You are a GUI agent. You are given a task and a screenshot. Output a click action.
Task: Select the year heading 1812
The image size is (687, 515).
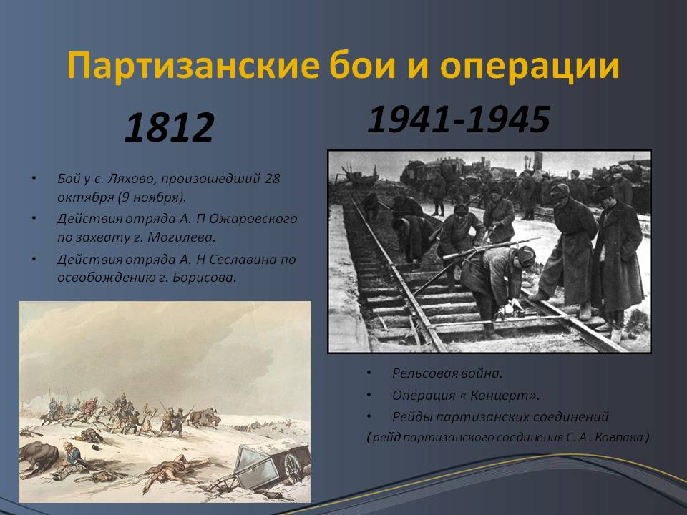[x=170, y=128]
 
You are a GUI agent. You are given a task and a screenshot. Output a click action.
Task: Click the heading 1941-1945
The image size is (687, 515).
[x=459, y=119]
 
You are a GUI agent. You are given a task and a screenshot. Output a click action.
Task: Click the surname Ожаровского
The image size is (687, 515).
[x=253, y=219]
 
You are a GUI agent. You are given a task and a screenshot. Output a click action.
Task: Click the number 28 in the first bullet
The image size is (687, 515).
[x=272, y=179]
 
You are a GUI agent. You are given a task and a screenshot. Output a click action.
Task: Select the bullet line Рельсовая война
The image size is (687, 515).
[x=447, y=373]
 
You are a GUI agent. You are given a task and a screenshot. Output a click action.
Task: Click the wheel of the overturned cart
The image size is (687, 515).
[x=293, y=467]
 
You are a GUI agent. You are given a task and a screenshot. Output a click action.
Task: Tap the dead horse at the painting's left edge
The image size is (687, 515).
[x=38, y=457]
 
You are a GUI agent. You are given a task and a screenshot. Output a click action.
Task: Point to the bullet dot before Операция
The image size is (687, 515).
[x=369, y=396]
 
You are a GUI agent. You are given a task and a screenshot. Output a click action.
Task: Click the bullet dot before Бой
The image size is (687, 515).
[x=34, y=179]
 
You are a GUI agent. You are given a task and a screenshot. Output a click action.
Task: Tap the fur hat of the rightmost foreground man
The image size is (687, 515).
[x=604, y=192]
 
